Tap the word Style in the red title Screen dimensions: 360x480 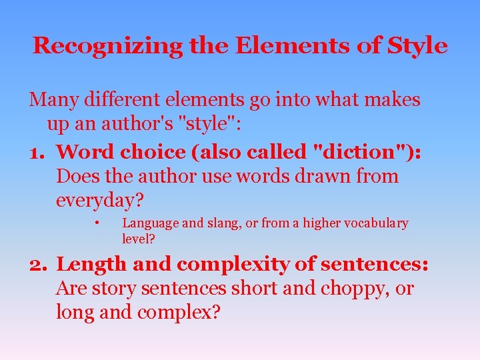click(418, 46)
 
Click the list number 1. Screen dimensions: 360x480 click(36, 151)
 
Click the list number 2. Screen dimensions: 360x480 click(37, 265)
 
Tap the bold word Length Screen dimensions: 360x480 click(91, 265)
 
